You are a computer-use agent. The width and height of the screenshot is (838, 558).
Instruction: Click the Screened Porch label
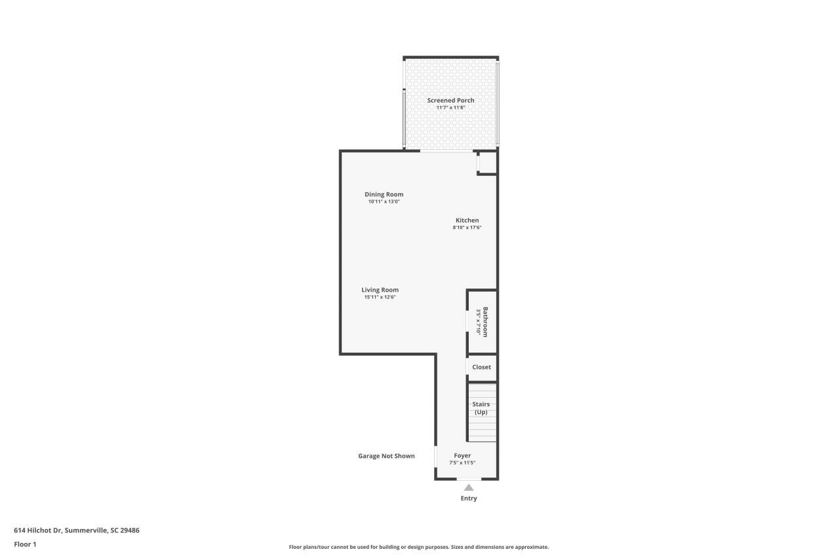pyautogui.click(x=450, y=100)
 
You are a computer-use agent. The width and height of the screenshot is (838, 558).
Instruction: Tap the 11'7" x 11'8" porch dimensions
pyautogui.click(x=450, y=108)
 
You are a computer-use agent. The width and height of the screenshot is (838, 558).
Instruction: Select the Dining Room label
pyautogui.click(x=384, y=194)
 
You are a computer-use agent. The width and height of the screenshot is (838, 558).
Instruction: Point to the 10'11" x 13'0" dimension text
pyautogui.click(x=384, y=202)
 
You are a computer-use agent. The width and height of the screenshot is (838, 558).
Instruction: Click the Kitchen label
pyautogui.click(x=467, y=220)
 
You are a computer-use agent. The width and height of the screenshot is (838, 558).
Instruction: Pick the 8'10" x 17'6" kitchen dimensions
pyautogui.click(x=467, y=228)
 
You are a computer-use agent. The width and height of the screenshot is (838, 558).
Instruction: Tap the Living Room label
pyautogui.click(x=380, y=290)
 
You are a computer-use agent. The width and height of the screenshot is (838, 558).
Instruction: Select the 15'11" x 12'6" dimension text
pyautogui.click(x=380, y=298)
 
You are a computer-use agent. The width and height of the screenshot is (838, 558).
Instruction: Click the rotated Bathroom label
pyautogui.click(x=486, y=321)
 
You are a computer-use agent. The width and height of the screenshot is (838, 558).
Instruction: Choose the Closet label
pyautogui.click(x=481, y=367)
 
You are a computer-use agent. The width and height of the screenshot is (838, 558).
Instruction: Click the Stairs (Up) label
pyautogui.click(x=481, y=408)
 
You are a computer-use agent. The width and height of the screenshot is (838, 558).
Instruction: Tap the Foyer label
pyautogui.click(x=462, y=455)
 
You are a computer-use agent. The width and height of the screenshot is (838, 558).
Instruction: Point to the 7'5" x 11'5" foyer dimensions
pyautogui.click(x=462, y=463)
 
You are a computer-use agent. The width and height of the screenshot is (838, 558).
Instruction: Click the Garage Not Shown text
pyautogui.click(x=386, y=456)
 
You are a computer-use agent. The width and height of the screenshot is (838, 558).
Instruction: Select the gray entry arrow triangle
pyautogui.click(x=468, y=487)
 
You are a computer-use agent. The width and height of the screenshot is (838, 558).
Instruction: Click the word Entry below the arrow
pyautogui.click(x=469, y=498)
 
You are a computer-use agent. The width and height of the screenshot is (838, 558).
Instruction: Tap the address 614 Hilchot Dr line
pyautogui.click(x=77, y=531)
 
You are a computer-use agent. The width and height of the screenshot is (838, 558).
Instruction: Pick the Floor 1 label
pyautogui.click(x=26, y=544)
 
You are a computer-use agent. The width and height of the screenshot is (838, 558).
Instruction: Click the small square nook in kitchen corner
pyautogui.click(x=488, y=164)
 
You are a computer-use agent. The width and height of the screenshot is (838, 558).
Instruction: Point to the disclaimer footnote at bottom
pyautogui.click(x=419, y=547)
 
